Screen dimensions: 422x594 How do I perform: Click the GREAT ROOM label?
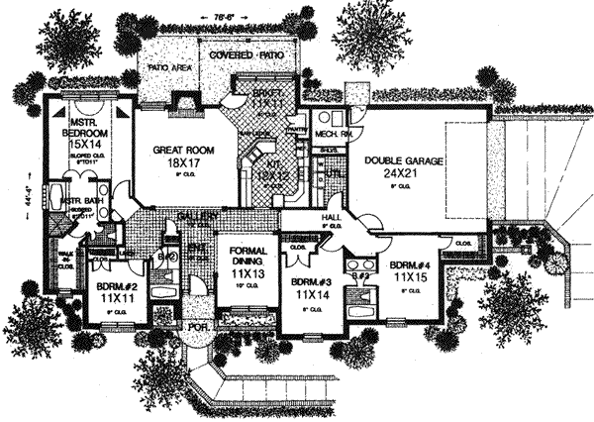tap(177, 152)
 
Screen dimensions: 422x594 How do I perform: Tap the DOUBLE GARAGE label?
tap(402, 159)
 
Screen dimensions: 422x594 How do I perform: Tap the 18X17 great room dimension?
tap(177, 165)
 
